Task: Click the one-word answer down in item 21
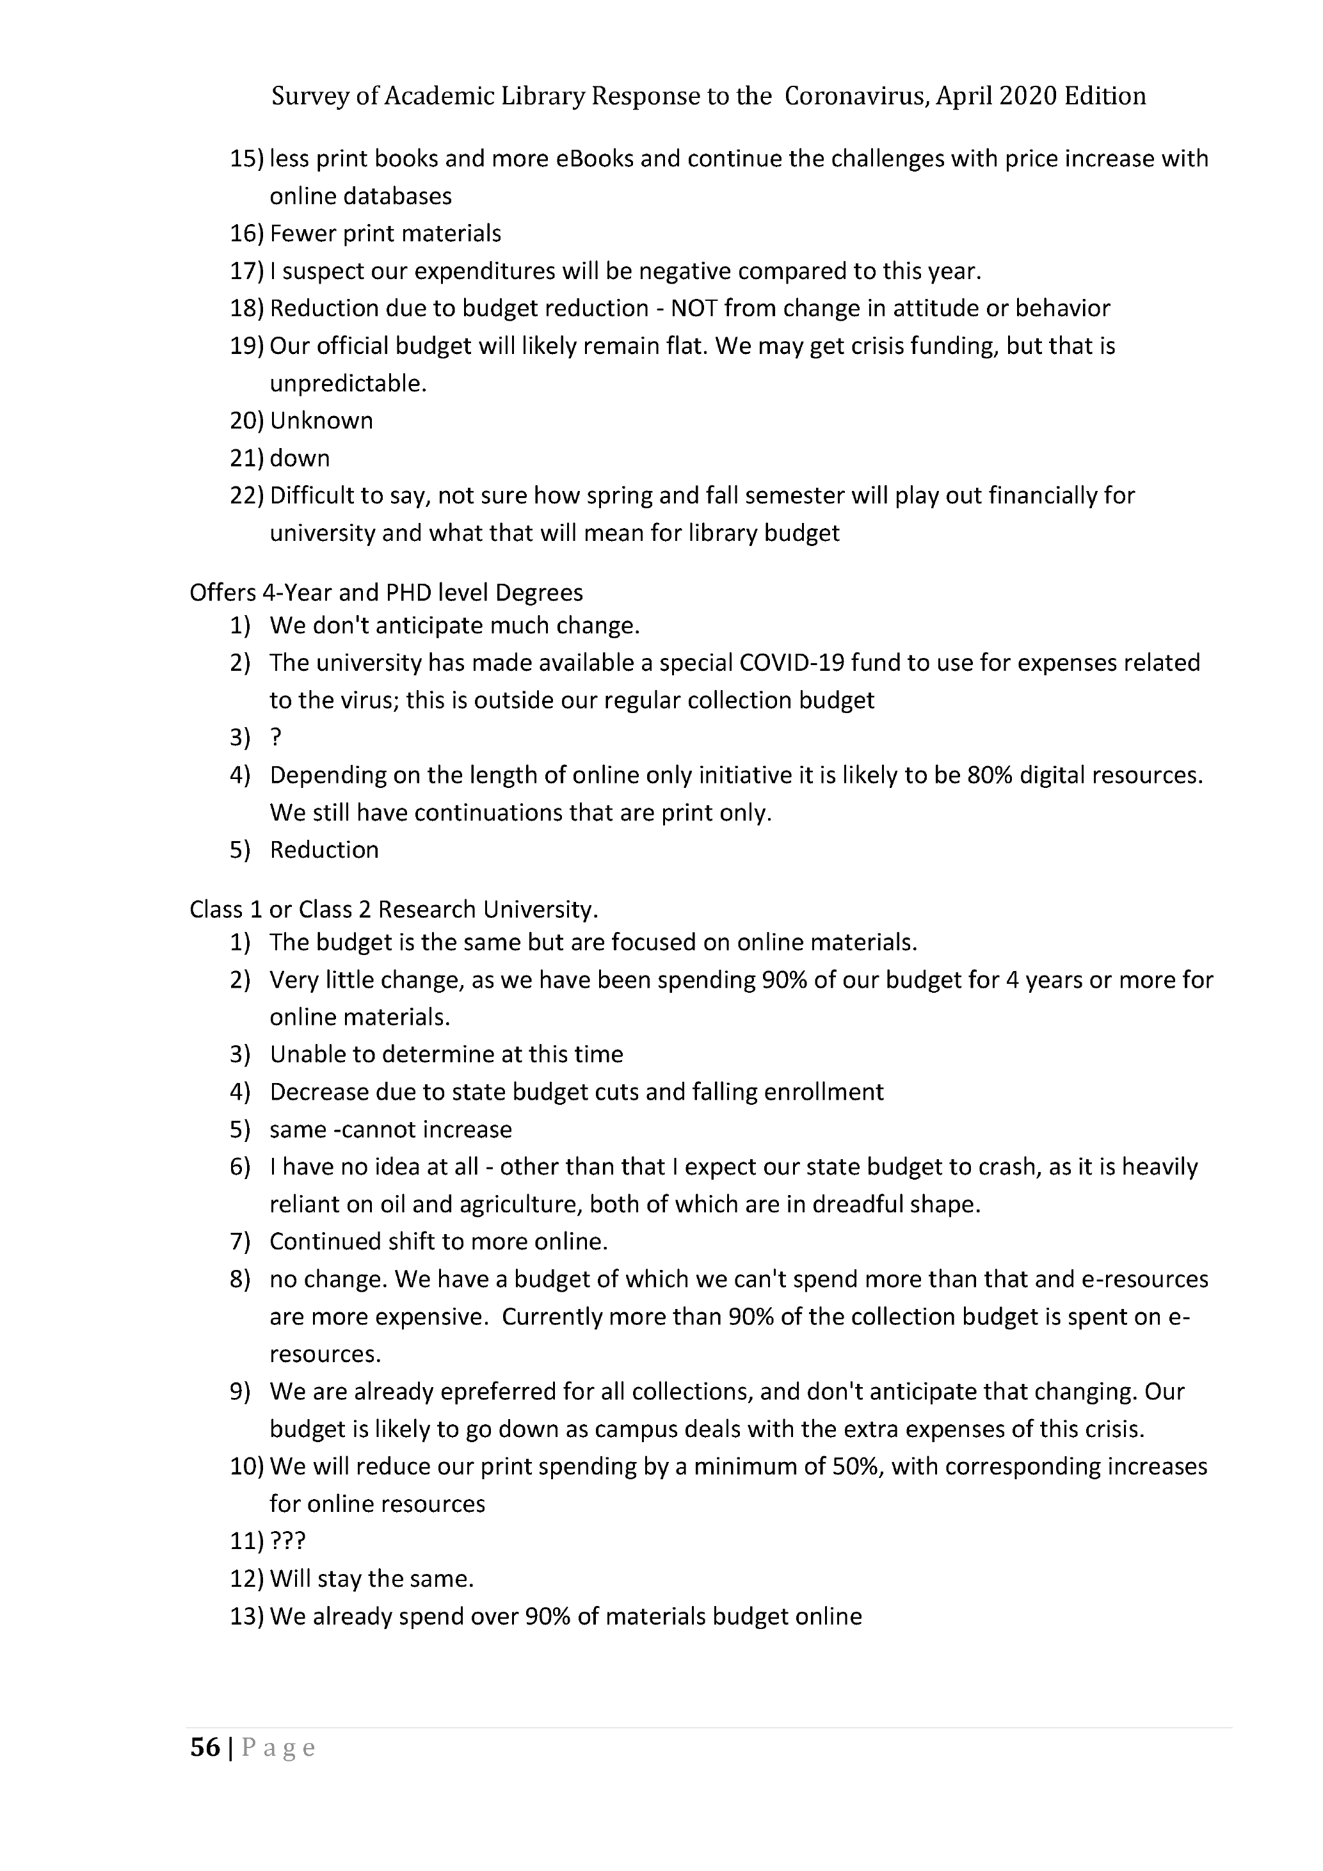coord(300,458)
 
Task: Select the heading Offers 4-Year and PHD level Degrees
coord(386,593)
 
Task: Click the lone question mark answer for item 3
coord(275,737)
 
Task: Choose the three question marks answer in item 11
coord(287,1541)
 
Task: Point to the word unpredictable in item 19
coord(348,383)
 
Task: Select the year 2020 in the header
coord(1028,96)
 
